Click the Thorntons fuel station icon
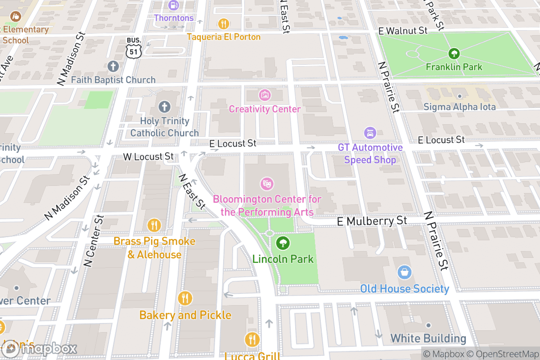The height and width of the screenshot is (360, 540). pyautogui.click(x=174, y=6)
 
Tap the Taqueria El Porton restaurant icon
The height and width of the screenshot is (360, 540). pyautogui.click(x=224, y=24)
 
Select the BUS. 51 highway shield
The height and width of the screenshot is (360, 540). pyautogui.click(x=134, y=47)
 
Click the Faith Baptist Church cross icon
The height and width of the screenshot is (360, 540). pyautogui.click(x=113, y=67)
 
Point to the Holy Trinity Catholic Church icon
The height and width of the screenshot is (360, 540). pyautogui.click(x=164, y=107)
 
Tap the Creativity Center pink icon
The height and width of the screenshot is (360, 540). pyautogui.click(x=265, y=95)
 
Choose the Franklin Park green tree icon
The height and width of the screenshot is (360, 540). pyautogui.click(x=454, y=54)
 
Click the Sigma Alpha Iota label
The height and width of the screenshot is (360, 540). pyautogui.click(x=459, y=107)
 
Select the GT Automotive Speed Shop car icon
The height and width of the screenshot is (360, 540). pyautogui.click(x=370, y=133)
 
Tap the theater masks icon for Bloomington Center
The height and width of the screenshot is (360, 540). pyautogui.click(x=267, y=184)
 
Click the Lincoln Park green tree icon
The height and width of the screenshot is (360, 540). pyautogui.click(x=283, y=243)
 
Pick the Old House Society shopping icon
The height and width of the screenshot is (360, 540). pyautogui.click(x=405, y=273)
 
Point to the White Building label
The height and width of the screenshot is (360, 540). pyautogui.click(x=428, y=338)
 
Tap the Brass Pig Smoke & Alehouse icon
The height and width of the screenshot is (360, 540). pyautogui.click(x=154, y=225)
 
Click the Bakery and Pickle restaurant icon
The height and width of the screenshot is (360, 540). pyautogui.click(x=185, y=298)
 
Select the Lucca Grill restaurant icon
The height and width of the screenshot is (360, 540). pyautogui.click(x=252, y=340)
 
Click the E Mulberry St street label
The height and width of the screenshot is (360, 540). pyautogui.click(x=372, y=221)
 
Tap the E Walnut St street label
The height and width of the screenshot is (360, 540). pyautogui.click(x=403, y=31)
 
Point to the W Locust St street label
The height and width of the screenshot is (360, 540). pyautogui.click(x=148, y=157)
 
